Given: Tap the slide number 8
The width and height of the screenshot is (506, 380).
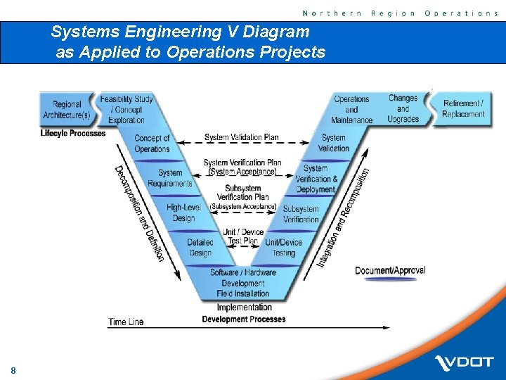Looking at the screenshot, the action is [x=13, y=370].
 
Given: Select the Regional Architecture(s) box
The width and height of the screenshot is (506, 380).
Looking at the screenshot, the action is [x=67, y=110].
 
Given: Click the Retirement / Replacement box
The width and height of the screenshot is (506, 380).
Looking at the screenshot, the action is [x=463, y=108].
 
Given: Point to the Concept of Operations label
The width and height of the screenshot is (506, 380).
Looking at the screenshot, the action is [x=152, y=144].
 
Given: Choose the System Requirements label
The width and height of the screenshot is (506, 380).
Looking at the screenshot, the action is [x=169, y=178].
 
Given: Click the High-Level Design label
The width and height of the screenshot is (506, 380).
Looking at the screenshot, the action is [x=183, y=213].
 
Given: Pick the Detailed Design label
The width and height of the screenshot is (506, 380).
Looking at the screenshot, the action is [x=200, y=248].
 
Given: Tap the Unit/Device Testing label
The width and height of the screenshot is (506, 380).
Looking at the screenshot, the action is [x=283, y=248].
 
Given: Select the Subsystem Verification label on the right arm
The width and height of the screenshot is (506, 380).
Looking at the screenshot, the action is [x=301, y=214].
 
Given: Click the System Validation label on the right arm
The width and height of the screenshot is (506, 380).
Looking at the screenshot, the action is [x=334, y=143].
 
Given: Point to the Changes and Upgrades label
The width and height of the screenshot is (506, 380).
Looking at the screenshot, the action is [x=403, y=108].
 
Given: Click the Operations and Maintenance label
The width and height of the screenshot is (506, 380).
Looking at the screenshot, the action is [x=351, y=109].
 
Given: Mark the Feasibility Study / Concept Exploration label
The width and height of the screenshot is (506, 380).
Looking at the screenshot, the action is [x=126, y=110].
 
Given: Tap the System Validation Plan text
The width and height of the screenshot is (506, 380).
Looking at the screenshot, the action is [x=241, y=137].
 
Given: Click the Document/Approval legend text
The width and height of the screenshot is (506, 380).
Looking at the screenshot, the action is [x=390, y=271].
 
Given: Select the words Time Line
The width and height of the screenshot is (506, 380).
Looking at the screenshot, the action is [x=126, y=322].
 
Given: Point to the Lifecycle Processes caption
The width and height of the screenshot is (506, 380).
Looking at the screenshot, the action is [x=73, y=133].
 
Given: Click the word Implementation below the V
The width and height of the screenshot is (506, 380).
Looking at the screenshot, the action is [x=244, y=308].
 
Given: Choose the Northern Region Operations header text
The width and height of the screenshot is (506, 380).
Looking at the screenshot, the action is [x=400, y=13].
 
